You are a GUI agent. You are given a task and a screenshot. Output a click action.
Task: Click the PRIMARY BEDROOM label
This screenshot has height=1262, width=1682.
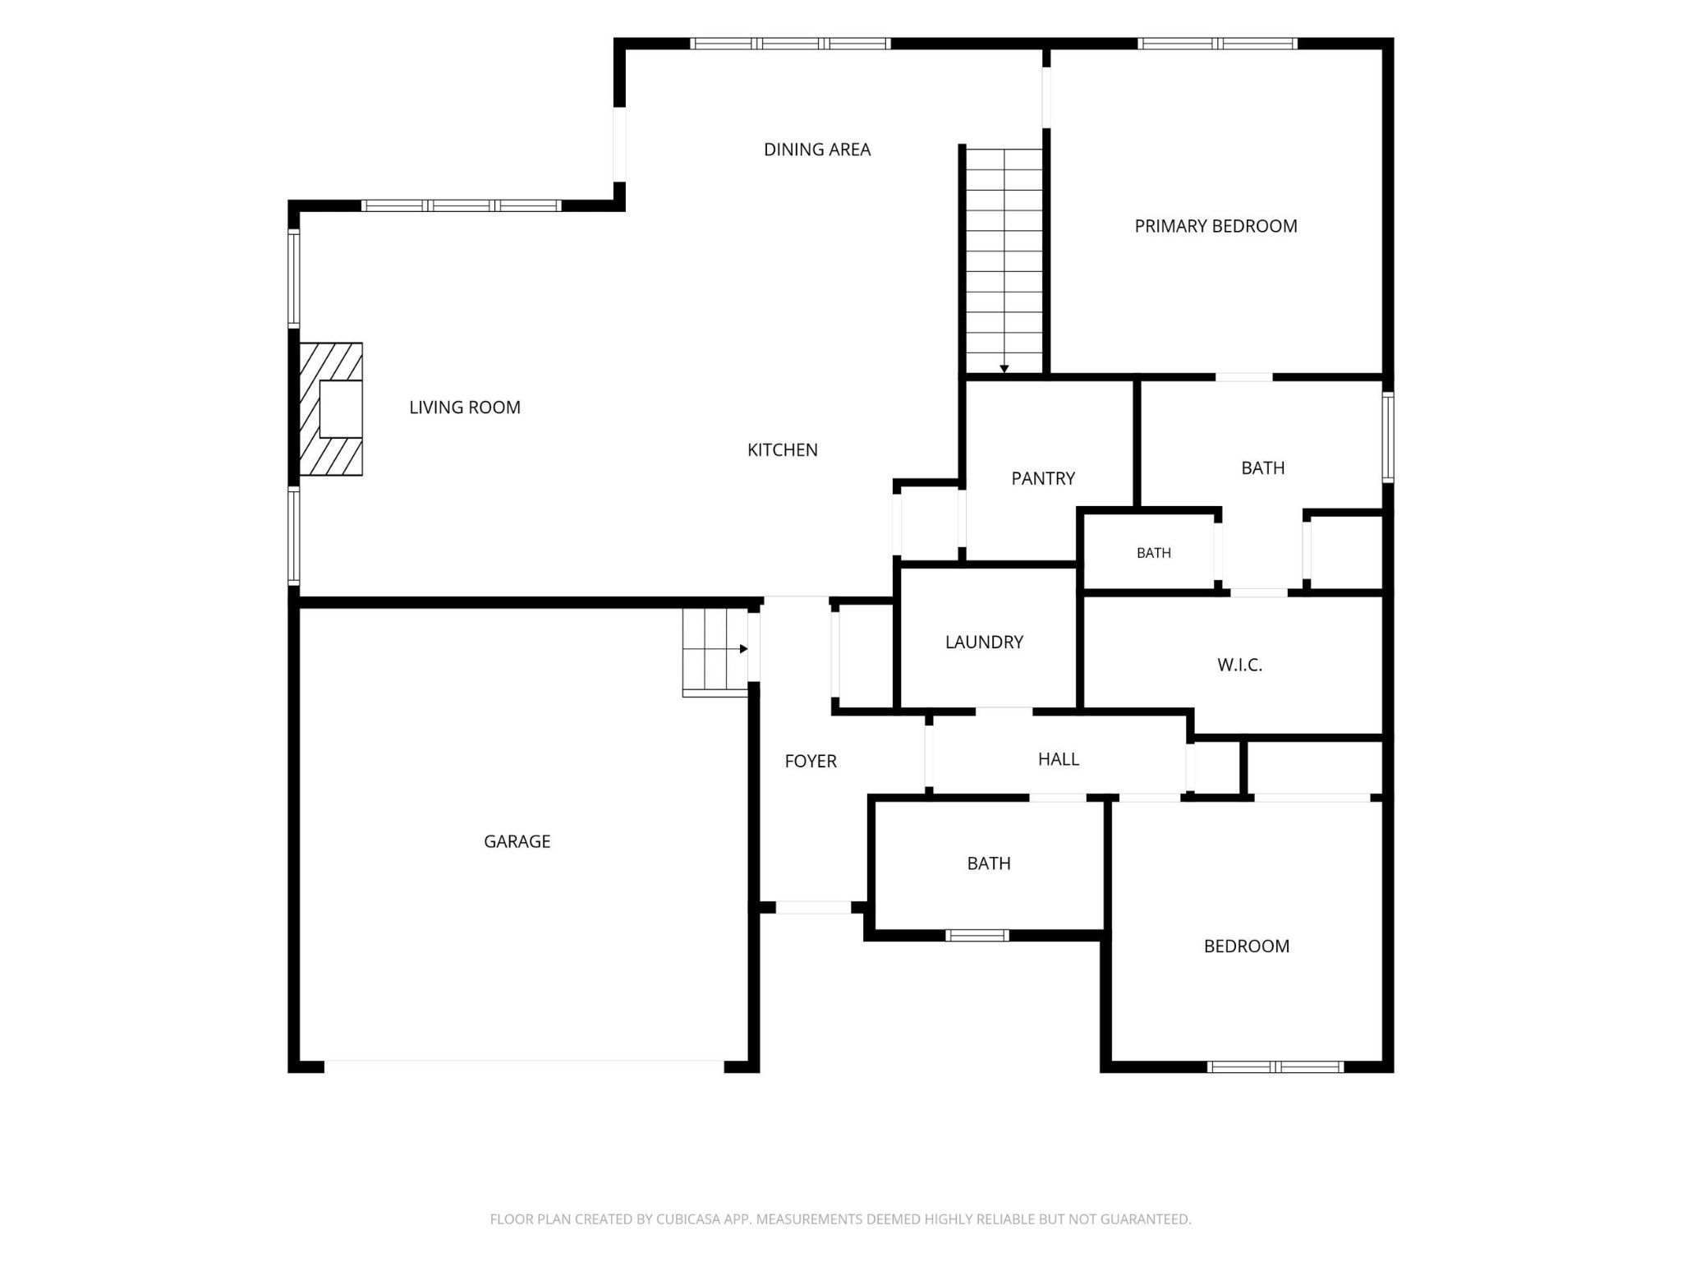tap(1216, 226)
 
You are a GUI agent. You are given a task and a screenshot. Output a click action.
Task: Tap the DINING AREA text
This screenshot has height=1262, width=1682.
tap(817, 150)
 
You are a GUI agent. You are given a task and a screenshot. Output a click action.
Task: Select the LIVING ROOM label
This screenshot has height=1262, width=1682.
tap(465, 408)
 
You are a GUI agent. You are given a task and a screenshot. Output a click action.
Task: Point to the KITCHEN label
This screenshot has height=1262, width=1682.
tap(783, 450)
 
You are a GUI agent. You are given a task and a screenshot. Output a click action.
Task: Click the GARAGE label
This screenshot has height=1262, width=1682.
tap(517, 841)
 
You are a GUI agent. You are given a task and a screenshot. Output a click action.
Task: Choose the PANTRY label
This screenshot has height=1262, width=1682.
tap(1043, 478)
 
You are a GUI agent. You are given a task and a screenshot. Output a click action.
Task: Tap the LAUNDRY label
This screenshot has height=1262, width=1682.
tap(984, 643)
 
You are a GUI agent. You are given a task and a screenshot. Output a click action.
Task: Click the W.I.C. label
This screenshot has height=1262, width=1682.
tap(1239, 665)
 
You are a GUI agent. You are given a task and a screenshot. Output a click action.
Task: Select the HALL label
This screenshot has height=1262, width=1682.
tap(1059, 759)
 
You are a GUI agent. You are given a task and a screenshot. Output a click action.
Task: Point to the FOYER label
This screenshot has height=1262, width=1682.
tap(811, 762)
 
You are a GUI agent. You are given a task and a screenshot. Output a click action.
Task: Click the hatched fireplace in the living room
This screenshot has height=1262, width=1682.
tap(330, 409)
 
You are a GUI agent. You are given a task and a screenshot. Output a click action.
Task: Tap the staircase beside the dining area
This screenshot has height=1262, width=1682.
tap(1004, 260)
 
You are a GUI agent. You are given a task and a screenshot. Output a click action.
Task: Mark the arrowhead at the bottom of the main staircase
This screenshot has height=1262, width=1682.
tap(1004, 369)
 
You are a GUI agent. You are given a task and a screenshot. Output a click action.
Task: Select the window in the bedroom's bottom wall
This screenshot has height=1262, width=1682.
tap(1275, 1067)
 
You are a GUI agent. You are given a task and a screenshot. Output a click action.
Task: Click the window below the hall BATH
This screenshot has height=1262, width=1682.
tap(977, 935)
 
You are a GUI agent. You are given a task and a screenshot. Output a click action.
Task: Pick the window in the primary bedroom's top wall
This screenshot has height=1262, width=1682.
tap(1217, 44)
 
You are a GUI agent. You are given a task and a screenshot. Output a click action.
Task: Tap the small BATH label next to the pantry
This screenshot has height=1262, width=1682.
tap(1154, 553)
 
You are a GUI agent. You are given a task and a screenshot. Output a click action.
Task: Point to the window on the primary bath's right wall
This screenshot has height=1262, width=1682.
tap(1388, 437)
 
